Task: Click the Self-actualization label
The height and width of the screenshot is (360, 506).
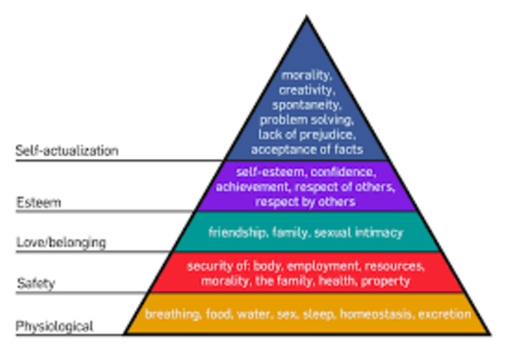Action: point(67,151)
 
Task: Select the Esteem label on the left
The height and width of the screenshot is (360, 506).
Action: point(39,203)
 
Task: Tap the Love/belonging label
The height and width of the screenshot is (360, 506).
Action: point(61,242)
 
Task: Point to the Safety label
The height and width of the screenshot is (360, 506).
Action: point(36,283)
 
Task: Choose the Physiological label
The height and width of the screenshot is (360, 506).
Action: point(55,326)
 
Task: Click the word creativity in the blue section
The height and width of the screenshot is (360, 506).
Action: point(307,90)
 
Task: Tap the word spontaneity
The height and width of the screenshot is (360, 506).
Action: point(306,105)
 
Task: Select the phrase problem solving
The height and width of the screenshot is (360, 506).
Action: point(307,120)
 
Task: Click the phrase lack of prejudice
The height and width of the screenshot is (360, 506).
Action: point(307,135)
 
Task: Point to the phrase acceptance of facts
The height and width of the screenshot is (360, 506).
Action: point(307,149)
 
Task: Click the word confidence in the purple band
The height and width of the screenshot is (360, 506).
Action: point(344,172)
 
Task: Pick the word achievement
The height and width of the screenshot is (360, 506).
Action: point(252,187)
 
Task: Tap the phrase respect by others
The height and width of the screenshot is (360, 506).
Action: point(305,201)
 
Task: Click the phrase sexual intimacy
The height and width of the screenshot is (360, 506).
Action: point(358,232)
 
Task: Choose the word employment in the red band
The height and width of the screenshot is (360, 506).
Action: point(323,266)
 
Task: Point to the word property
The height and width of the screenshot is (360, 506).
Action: point(385,281)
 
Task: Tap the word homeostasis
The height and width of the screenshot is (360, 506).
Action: point(376,314)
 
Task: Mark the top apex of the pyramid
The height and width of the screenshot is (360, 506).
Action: point(307,15)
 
